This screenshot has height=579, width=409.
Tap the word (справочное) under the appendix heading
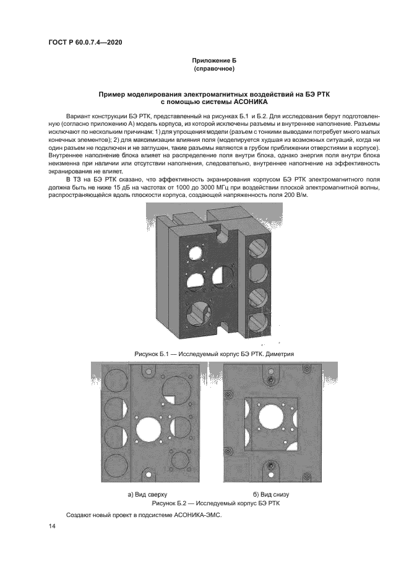point(213,70)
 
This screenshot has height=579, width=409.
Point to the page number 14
point(52,526)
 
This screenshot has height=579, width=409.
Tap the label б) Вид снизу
point(271,495)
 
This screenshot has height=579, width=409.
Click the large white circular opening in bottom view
point(270,416)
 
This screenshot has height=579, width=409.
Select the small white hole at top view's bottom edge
point(149,475)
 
